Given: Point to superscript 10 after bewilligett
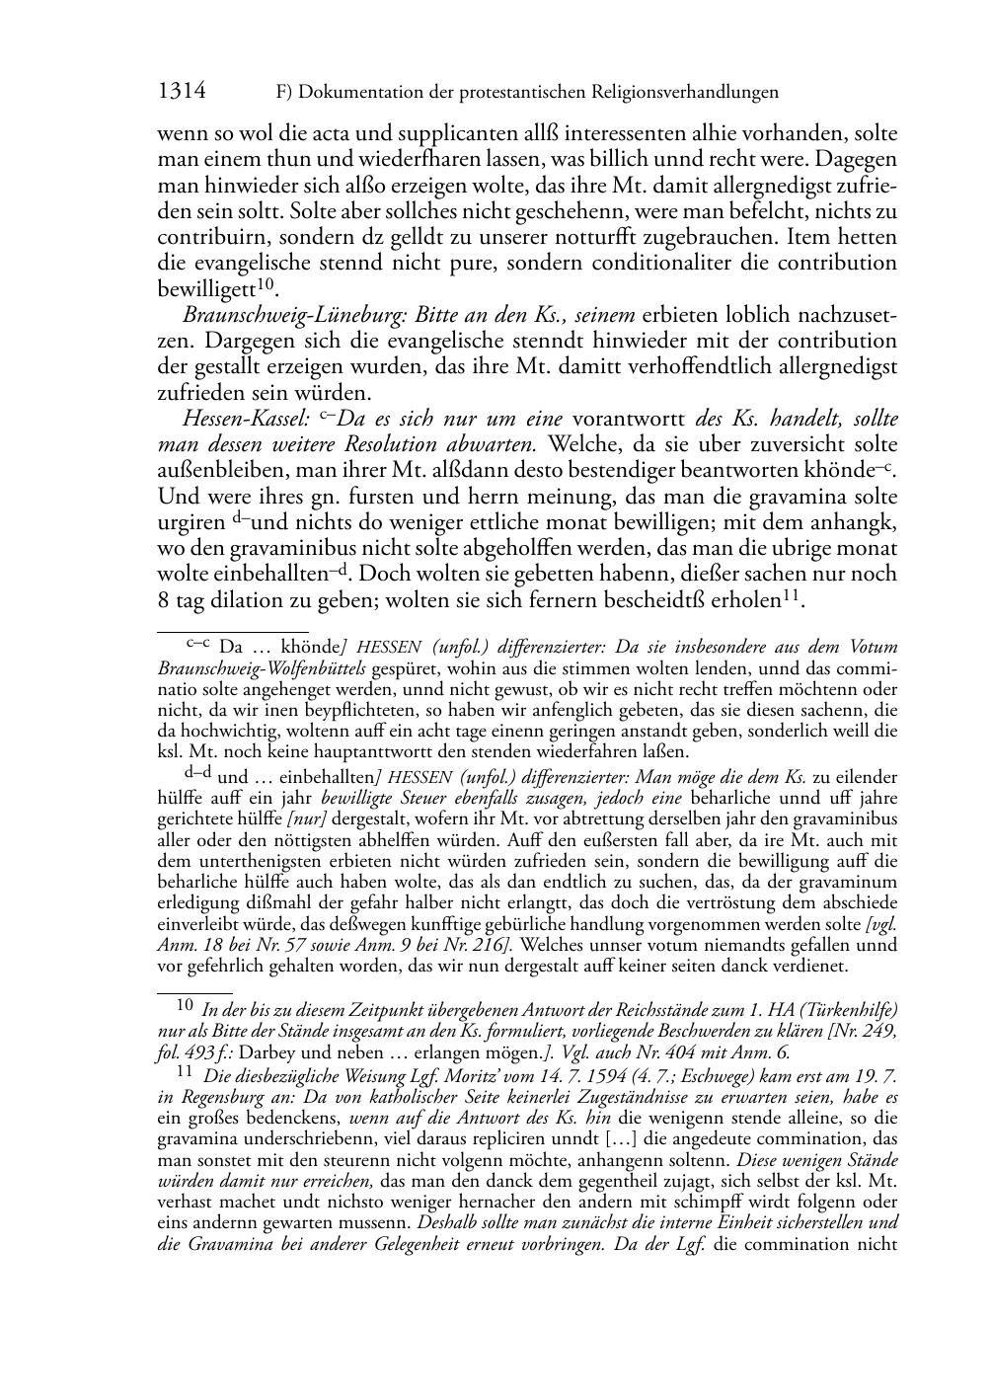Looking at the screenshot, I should [x=265, y=284].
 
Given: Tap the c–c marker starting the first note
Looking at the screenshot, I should [x=199, y=645].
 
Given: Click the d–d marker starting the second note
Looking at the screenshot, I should [x=197, y=775].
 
